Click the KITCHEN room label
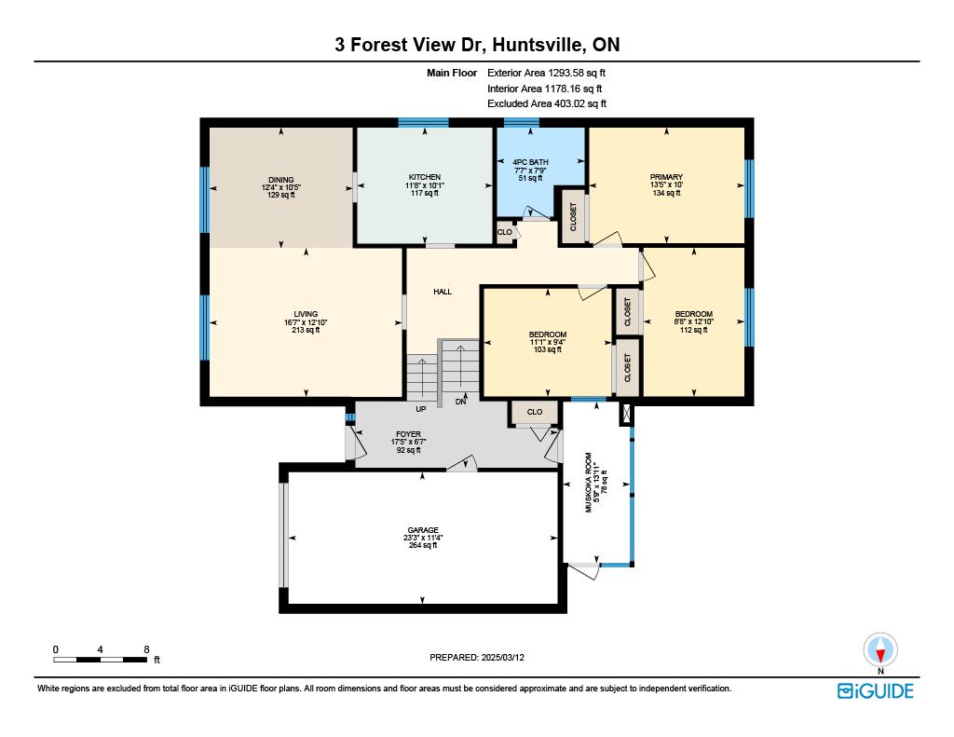[424, 177]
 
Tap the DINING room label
[281, 180]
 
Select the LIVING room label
[306, 314]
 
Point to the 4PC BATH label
[530, 162]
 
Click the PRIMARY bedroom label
[666, 177]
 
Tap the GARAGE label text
[423, 530]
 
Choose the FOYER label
[408, 434]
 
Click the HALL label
[443, 292]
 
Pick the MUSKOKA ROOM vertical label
[589, 482]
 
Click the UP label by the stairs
[420, 409]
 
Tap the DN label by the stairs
[460, 402]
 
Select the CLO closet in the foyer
[534, 412]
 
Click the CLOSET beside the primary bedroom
[573, 217]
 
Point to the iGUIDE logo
[875, 690]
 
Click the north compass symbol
[879, 650]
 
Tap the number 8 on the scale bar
[146, 649]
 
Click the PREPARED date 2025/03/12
[502, 657]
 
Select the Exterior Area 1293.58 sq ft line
[546, 73]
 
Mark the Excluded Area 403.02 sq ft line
[547, 103]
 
